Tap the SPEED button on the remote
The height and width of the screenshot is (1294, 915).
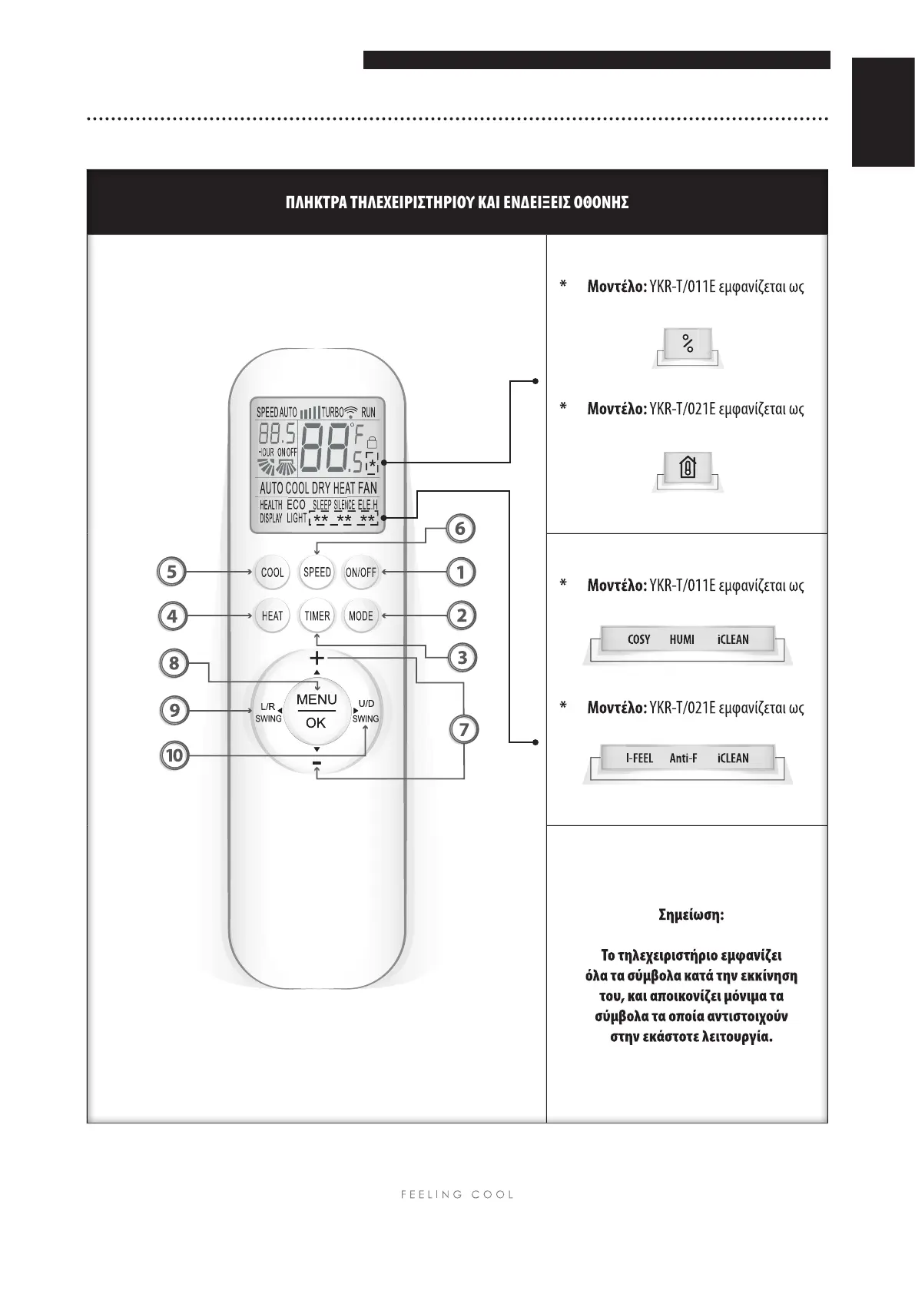317,572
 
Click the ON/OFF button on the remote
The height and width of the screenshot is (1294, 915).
360,572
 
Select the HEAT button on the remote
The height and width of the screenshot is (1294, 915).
272,615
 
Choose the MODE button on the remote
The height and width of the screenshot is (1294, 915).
360,615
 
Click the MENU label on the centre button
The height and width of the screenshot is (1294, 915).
317,699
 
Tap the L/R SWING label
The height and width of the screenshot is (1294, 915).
268,712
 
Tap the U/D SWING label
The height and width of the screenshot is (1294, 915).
366,712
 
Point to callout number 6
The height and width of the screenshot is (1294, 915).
460,529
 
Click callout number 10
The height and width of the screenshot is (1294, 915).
174,755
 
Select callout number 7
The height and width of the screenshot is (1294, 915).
463,729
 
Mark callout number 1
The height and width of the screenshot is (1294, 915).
461,572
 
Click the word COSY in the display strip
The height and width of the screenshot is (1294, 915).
638,639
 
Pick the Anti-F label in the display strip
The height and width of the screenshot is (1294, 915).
683,758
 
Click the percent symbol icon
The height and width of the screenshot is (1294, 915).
688,344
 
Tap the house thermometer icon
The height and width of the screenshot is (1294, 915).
688,466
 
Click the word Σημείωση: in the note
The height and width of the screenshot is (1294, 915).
691,915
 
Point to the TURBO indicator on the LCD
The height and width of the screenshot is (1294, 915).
332,413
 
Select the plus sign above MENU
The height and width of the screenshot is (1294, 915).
317,659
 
